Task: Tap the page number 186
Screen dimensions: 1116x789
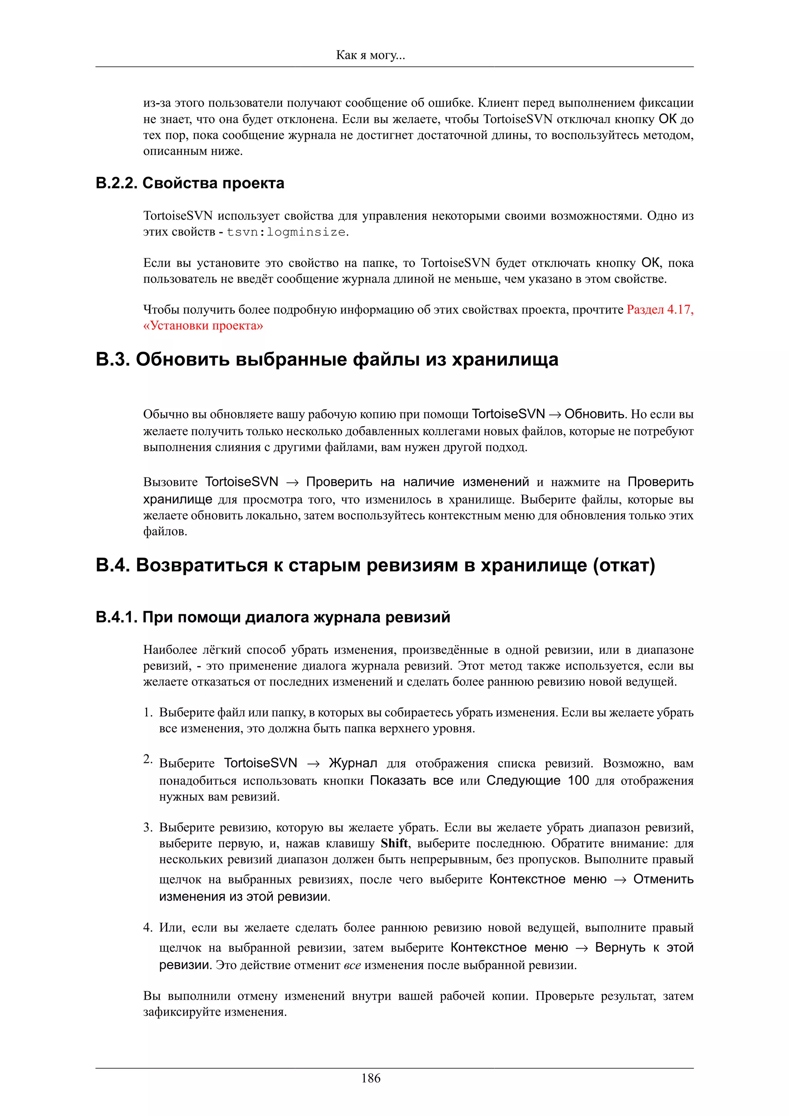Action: (371, 1078)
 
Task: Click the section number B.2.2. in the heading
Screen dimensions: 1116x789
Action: (117, 183)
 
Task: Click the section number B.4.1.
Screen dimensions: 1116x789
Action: (117, 617)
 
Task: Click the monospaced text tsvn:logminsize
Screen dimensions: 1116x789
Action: (287, 232)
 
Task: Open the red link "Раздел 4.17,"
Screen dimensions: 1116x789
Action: (660, 310)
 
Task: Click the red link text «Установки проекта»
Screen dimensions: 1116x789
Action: (203, 326)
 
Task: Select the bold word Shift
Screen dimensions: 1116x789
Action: (394, 843)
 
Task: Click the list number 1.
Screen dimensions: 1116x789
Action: (148, 712)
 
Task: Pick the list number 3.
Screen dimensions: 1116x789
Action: (148, 827)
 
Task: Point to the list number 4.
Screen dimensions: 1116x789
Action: (148, 927)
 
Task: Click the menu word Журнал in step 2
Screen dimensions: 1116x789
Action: (353, 763)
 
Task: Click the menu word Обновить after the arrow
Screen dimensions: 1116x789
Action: (594, 414)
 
